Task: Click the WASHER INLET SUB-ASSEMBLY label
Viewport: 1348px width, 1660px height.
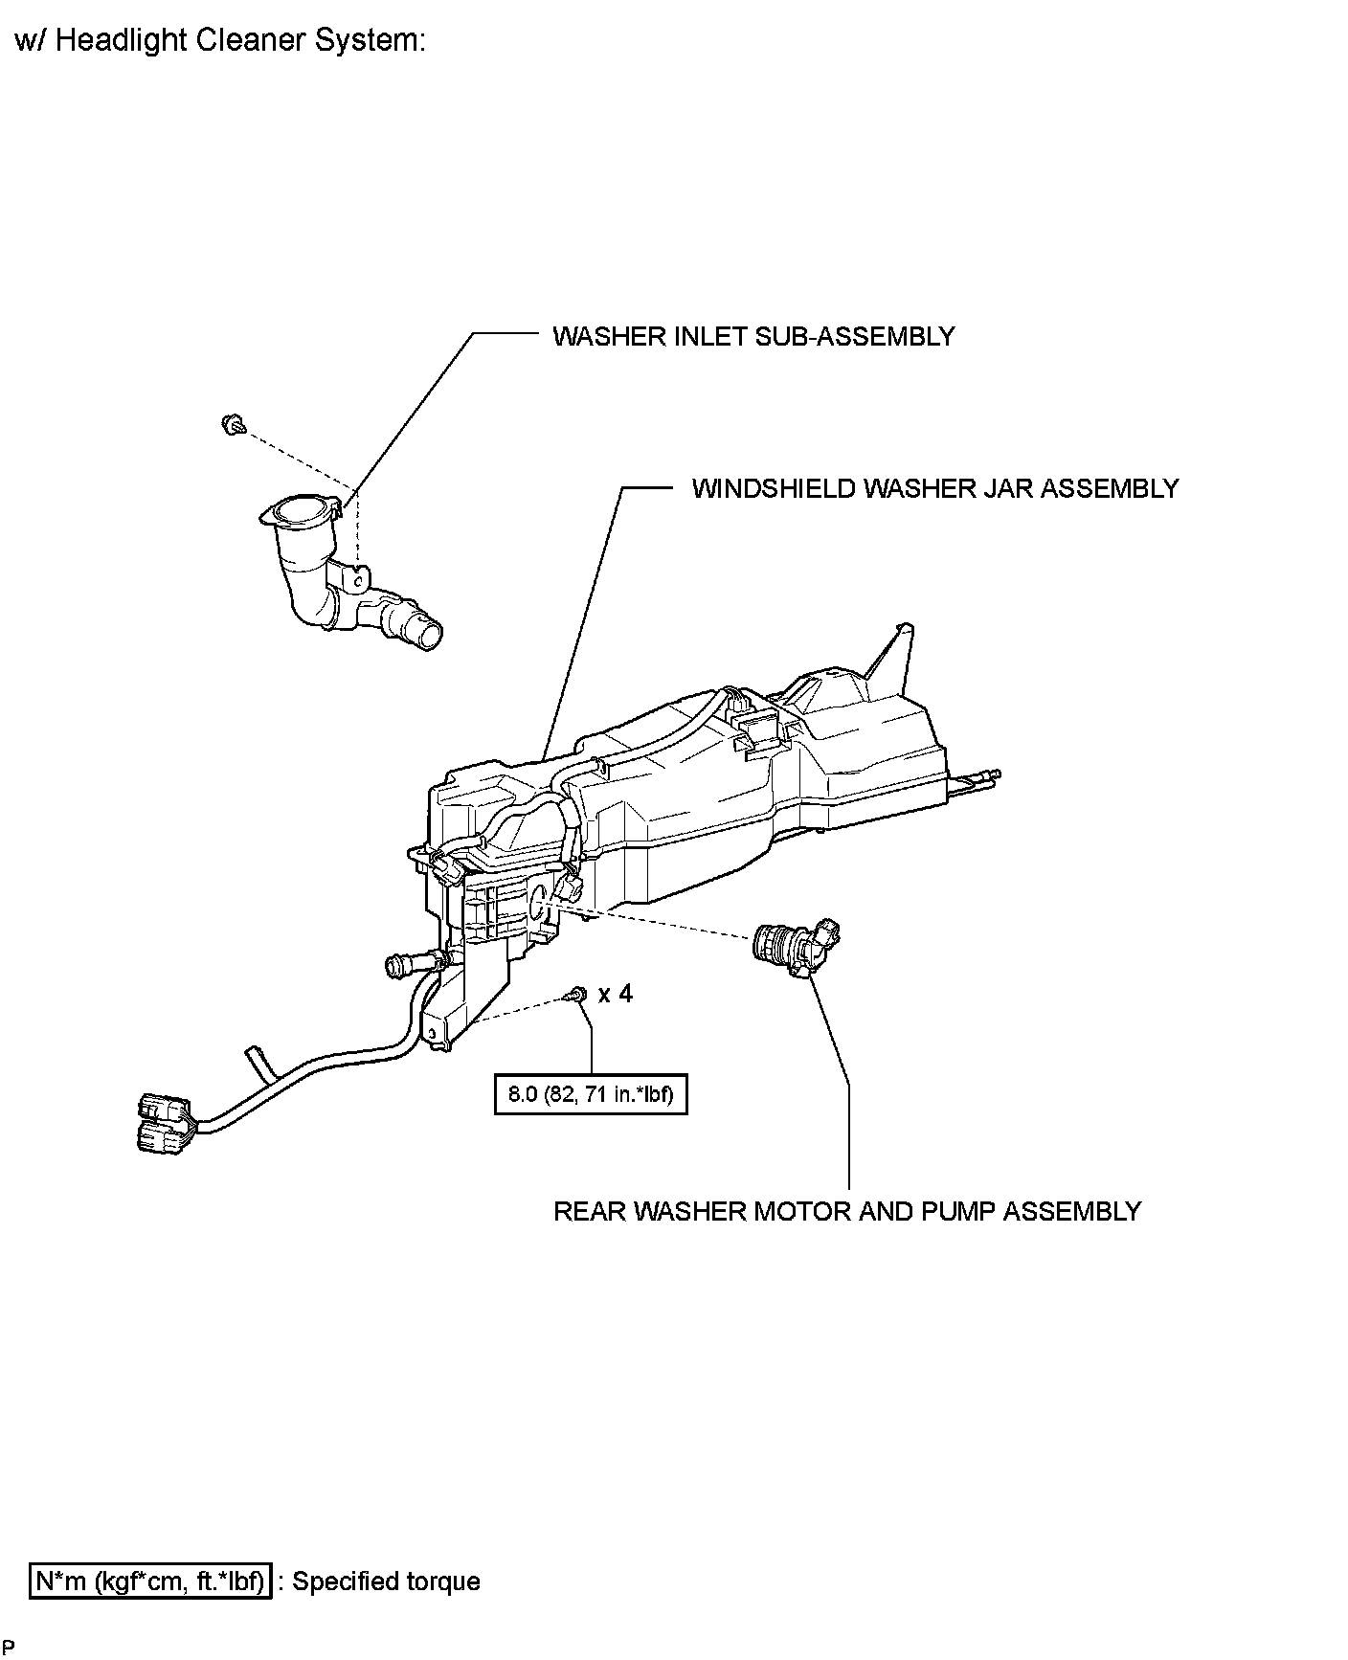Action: tap(753, 336)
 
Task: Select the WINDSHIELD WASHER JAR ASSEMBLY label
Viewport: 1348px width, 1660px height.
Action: tap(934, 488)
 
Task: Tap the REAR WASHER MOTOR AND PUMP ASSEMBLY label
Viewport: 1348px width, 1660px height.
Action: tap(847, 1211)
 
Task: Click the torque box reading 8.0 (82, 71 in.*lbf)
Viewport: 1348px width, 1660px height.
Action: tap(591, 1094)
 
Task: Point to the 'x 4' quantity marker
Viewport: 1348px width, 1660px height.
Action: tap(615, 994)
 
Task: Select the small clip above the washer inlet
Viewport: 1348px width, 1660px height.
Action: tap(230, 424)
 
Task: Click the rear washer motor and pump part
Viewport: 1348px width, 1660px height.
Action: tap(793, 947)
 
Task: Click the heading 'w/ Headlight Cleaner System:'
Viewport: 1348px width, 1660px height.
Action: tap(220, 41)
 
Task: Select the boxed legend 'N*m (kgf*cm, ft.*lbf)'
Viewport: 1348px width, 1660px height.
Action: tap(150, 1581)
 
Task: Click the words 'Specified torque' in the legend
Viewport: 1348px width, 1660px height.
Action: tap(385, 1581)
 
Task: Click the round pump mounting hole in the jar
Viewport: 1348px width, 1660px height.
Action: tap(537, 897)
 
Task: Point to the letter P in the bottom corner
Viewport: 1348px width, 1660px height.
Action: tap(9, 1648)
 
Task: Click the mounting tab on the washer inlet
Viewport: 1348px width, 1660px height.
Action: tap(354, 579)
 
